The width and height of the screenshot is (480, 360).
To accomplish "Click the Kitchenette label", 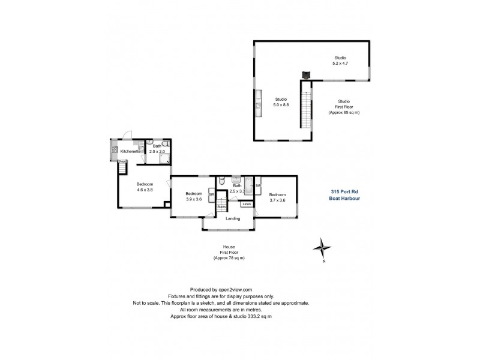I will click(130, 151).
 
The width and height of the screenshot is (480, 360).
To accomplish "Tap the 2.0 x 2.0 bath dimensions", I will click(157, 151).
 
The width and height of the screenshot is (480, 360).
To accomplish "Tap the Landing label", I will click(233, 218).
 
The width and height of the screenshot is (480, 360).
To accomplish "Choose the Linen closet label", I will click(247, 205).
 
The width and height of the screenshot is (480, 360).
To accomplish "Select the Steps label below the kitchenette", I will click(122, 161).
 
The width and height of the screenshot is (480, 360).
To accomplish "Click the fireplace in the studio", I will click(306, 75).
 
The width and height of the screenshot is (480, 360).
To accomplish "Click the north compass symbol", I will click(323, 247).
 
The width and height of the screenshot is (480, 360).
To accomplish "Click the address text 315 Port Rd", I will click(343, 192).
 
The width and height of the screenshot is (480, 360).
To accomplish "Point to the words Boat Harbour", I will click(344, 199).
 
